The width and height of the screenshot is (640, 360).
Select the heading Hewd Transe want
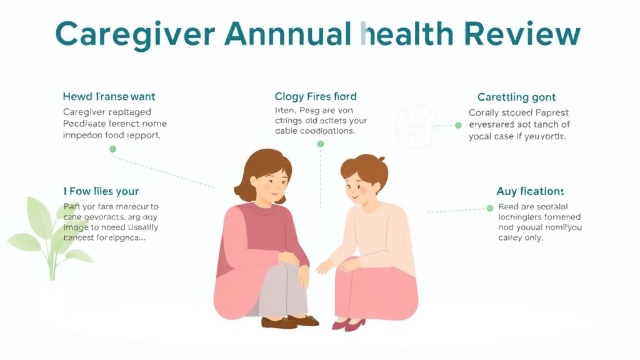[x=109, y=97]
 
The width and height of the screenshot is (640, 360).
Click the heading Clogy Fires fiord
[x=316, y=96]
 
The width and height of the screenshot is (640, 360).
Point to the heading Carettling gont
[x=516, y=97]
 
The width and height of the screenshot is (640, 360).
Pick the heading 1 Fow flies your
[x=101, y=191]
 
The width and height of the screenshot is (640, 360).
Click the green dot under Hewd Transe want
[x=112, y=149]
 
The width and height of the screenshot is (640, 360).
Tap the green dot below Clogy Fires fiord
[x=321, y=144]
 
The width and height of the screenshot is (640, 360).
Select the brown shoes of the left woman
[x=289, y=321]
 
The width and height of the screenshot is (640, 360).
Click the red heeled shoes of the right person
[x=348, y=324]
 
